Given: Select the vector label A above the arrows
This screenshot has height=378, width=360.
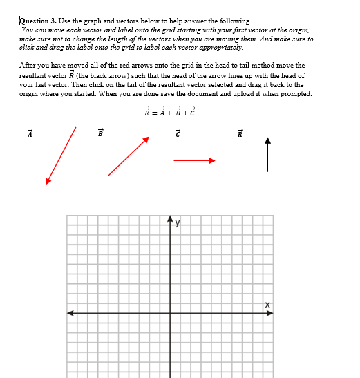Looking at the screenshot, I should [30, 133].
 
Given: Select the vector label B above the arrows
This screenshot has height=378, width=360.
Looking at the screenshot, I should [100, 133].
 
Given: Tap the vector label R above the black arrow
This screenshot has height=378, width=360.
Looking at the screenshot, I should [240, 133].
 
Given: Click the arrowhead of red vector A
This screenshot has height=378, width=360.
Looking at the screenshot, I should [48, 182].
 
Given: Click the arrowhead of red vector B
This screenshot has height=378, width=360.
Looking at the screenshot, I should [146, 140].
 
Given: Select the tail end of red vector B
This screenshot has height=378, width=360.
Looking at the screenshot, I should [108, 176].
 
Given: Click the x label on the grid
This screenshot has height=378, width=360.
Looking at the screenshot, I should [266, 305].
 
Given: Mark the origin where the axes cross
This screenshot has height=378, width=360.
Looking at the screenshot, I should [170, 313].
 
